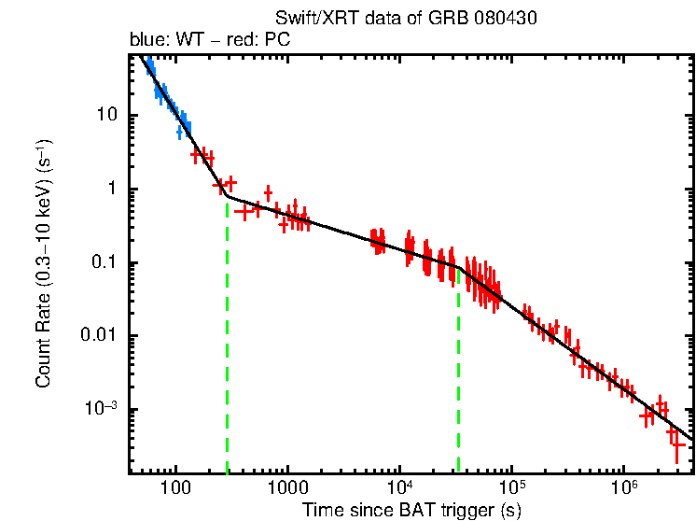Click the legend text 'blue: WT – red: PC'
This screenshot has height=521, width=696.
(215, 42)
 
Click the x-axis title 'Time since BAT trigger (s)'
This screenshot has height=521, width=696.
(411, 510)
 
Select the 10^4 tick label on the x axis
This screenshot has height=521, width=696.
(398, 487)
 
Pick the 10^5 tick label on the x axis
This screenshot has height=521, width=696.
(511, 487)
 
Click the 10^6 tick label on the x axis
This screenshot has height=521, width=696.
(623, 487)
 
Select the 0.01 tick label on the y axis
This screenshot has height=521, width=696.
(96, 336)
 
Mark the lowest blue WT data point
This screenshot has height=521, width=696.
(180, 133)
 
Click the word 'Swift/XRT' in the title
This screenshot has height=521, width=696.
(313, 18)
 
